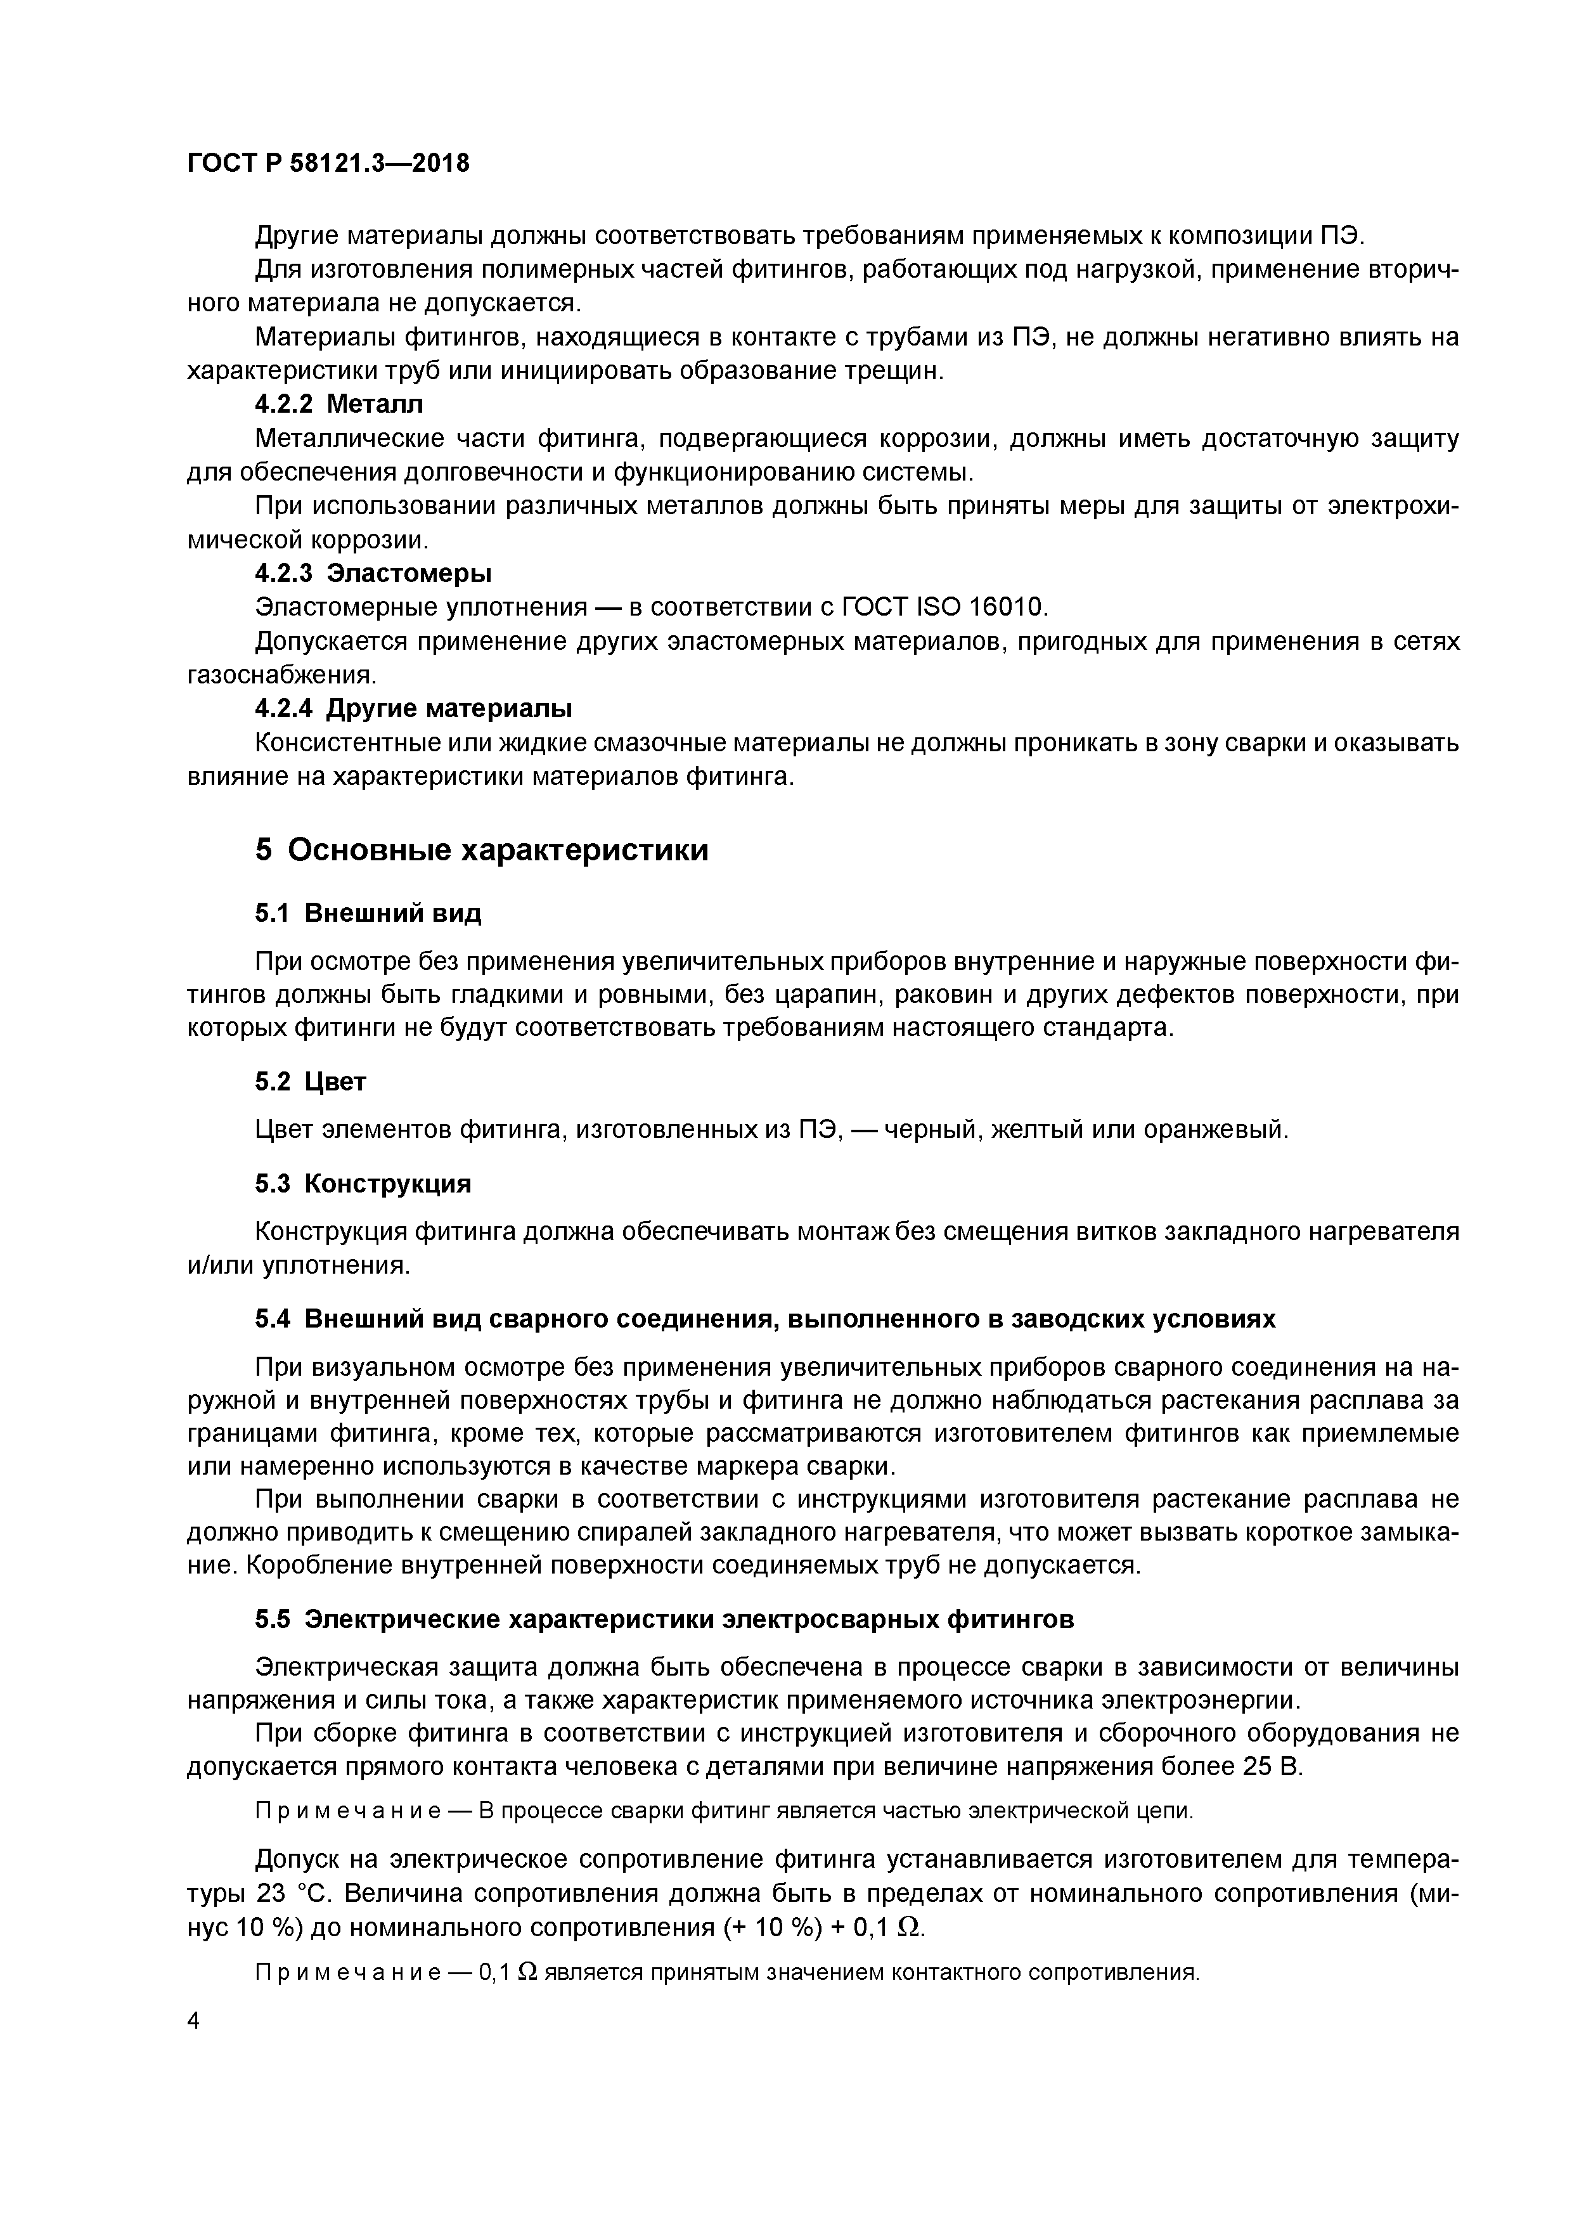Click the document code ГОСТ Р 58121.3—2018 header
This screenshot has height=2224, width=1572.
pos(327,163)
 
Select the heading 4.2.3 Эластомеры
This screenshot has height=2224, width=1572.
pos(373,574)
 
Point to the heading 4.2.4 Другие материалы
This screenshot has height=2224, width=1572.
pos(413,709)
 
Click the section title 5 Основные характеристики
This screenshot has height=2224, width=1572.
pos(481,850)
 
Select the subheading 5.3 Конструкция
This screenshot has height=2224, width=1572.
pos(363,1184)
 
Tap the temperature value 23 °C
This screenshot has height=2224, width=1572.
pos(295,1892)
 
